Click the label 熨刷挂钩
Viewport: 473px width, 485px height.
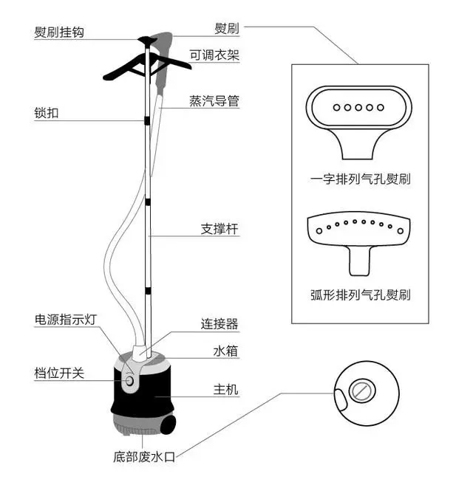(58, 33)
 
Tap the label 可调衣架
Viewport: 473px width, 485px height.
(214, 55)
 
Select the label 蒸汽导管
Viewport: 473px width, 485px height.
(214, 100)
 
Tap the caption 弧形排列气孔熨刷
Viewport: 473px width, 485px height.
(361, 295)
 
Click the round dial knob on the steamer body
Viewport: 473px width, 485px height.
(130, 381)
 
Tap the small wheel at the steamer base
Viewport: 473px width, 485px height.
(170, 425)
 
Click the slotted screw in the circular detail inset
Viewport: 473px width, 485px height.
(361, 391)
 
